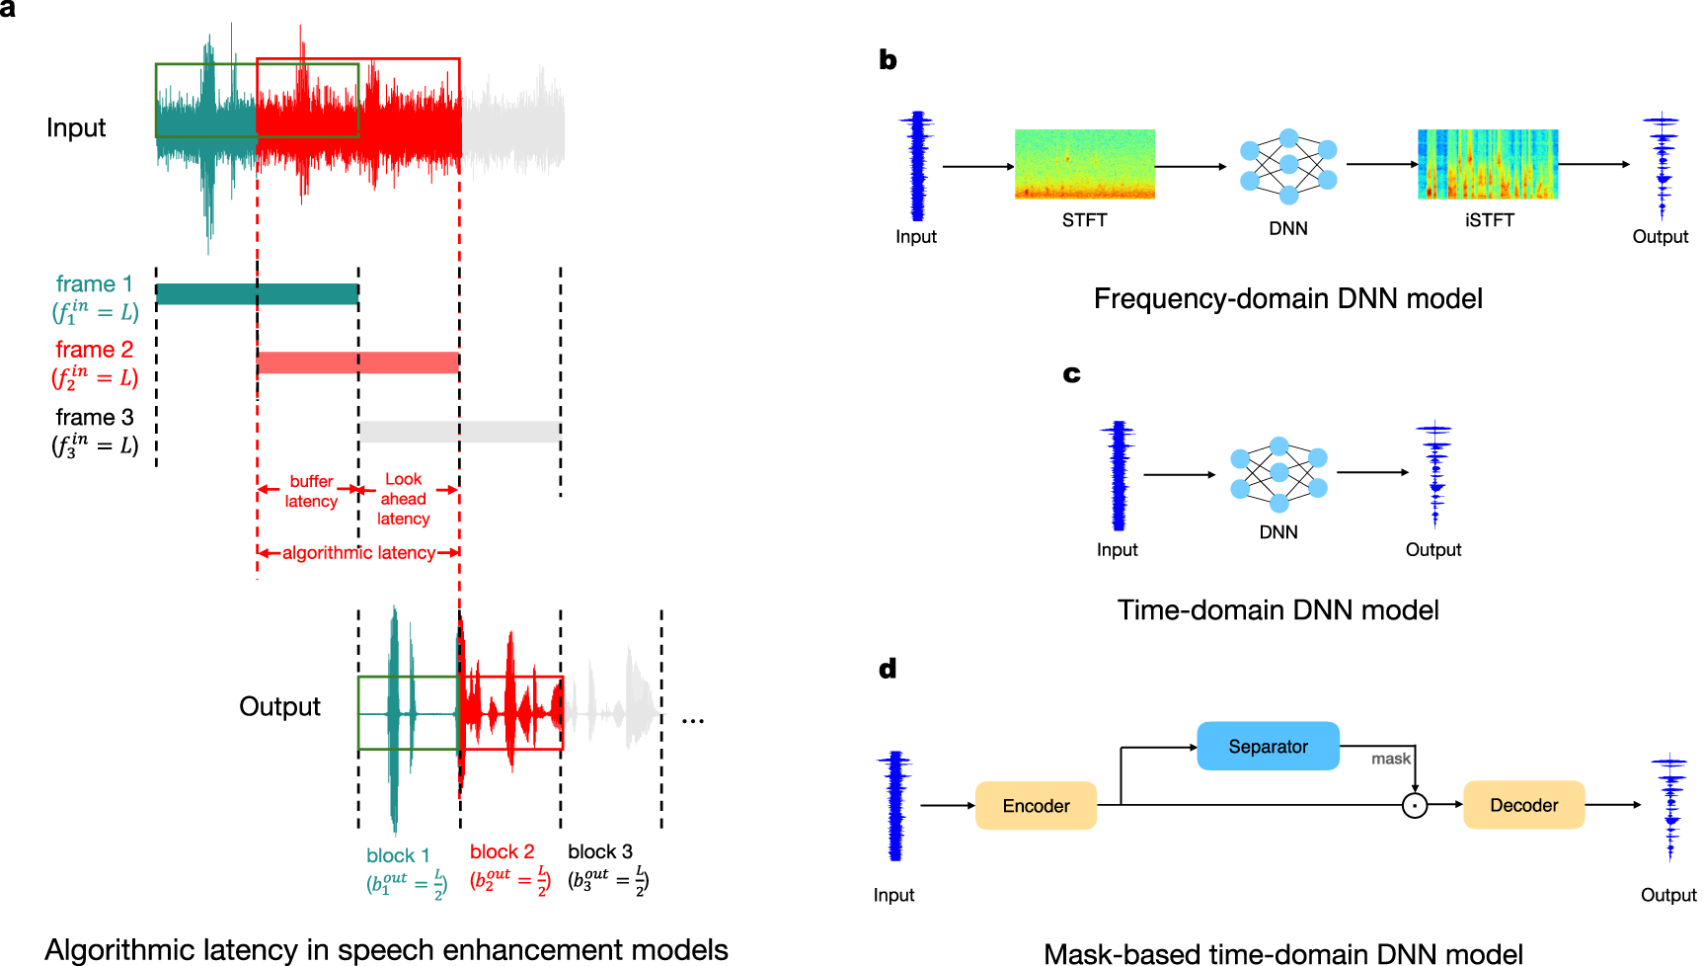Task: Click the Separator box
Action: coord(1268,747)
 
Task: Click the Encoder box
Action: coord(1036,806)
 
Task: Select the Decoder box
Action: coord(1523,805)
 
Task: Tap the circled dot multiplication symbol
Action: coord(1415,806)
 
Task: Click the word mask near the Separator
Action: coord(1390,759)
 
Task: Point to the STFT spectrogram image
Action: coord(1084,164)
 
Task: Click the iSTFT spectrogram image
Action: coord(1488,164)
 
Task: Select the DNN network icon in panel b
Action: coord(1288,166)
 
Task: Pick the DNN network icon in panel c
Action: coord(1278,474)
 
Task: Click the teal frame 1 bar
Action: coord(257,294)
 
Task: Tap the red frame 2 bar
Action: coord(357,362)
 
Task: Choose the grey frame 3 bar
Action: coord(459,432)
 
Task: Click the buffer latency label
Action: coord(311,491)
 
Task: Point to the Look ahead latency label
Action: coord(403,499)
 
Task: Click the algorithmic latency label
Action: coord(358,553)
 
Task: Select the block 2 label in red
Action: coord(502,851)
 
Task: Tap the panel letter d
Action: coord(888,670)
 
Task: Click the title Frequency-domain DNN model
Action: coord(1287,299)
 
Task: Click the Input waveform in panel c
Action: coord(1118,476)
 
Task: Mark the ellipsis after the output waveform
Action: coord(692,721)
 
